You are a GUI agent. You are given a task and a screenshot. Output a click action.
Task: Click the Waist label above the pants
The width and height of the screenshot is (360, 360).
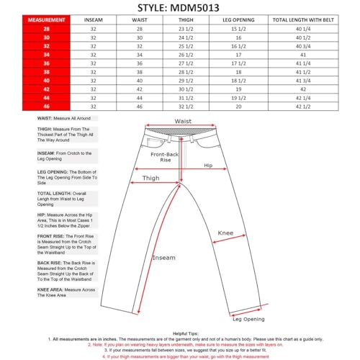pyautogui.click(x=182, y=122)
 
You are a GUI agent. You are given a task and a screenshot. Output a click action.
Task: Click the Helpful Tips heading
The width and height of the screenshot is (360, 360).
pyautogui.click(x=179, y=333)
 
